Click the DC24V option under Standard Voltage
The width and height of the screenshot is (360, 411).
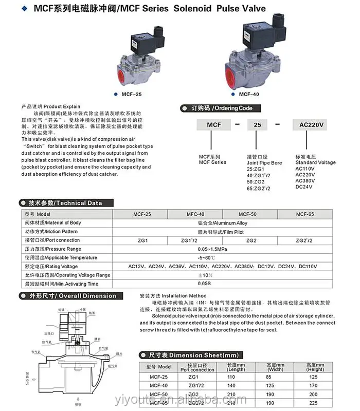click(x=304, y=186)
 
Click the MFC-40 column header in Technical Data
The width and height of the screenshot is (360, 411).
click(x=194, y=214)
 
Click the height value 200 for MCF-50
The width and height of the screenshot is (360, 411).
click(x=315, y=395)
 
